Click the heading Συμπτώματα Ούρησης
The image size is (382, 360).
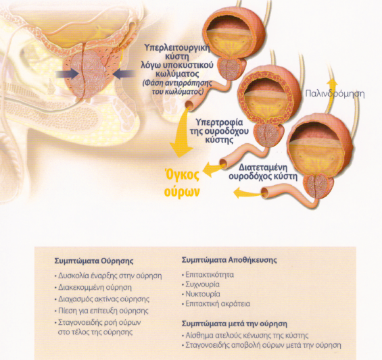tap(94, 261)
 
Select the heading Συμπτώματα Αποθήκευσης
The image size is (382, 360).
tap(229, 260)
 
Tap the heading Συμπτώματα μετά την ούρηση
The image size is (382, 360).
tap(235, 324)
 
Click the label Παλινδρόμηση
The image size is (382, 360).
tap(335, 94)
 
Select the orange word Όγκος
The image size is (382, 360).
tap(182, 176)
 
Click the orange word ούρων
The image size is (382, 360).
tap(182, 192)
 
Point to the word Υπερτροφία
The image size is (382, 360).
tap(216, 122)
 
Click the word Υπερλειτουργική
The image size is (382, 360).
tap(177, 47)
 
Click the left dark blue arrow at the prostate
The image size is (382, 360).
tap(67, 74)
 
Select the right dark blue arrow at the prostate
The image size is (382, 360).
tap(124, 74)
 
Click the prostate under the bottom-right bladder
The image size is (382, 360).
tap(316, 186)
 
